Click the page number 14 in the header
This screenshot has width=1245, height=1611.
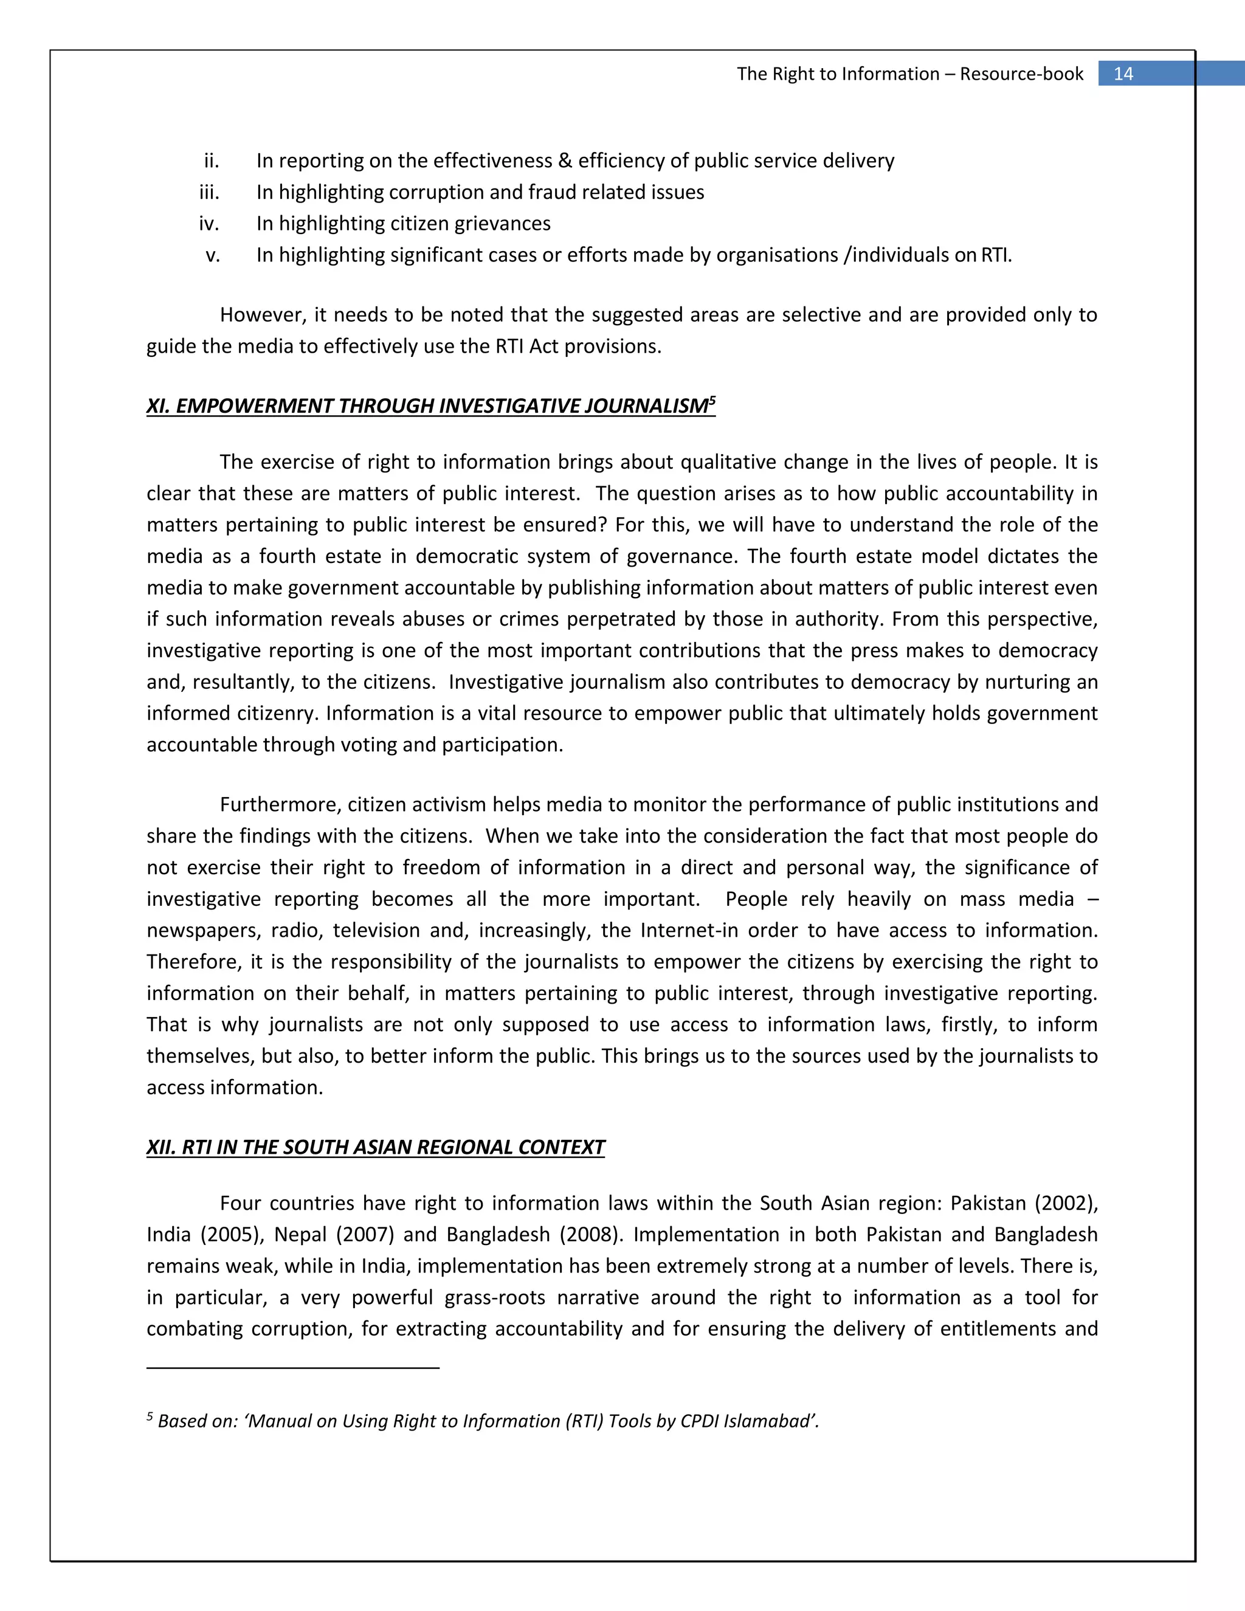click(x=1123, y=74)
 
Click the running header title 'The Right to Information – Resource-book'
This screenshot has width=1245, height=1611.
click(x=910, y=74)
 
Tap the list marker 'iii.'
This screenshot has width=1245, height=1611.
click(x=210, y=193)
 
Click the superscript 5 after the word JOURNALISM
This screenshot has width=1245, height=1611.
click(x=712, y=401)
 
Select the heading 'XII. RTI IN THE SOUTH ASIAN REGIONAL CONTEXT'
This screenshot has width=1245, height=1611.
click(x=376, y=1148)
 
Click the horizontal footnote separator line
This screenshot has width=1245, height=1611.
click(x=293, y=1368)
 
